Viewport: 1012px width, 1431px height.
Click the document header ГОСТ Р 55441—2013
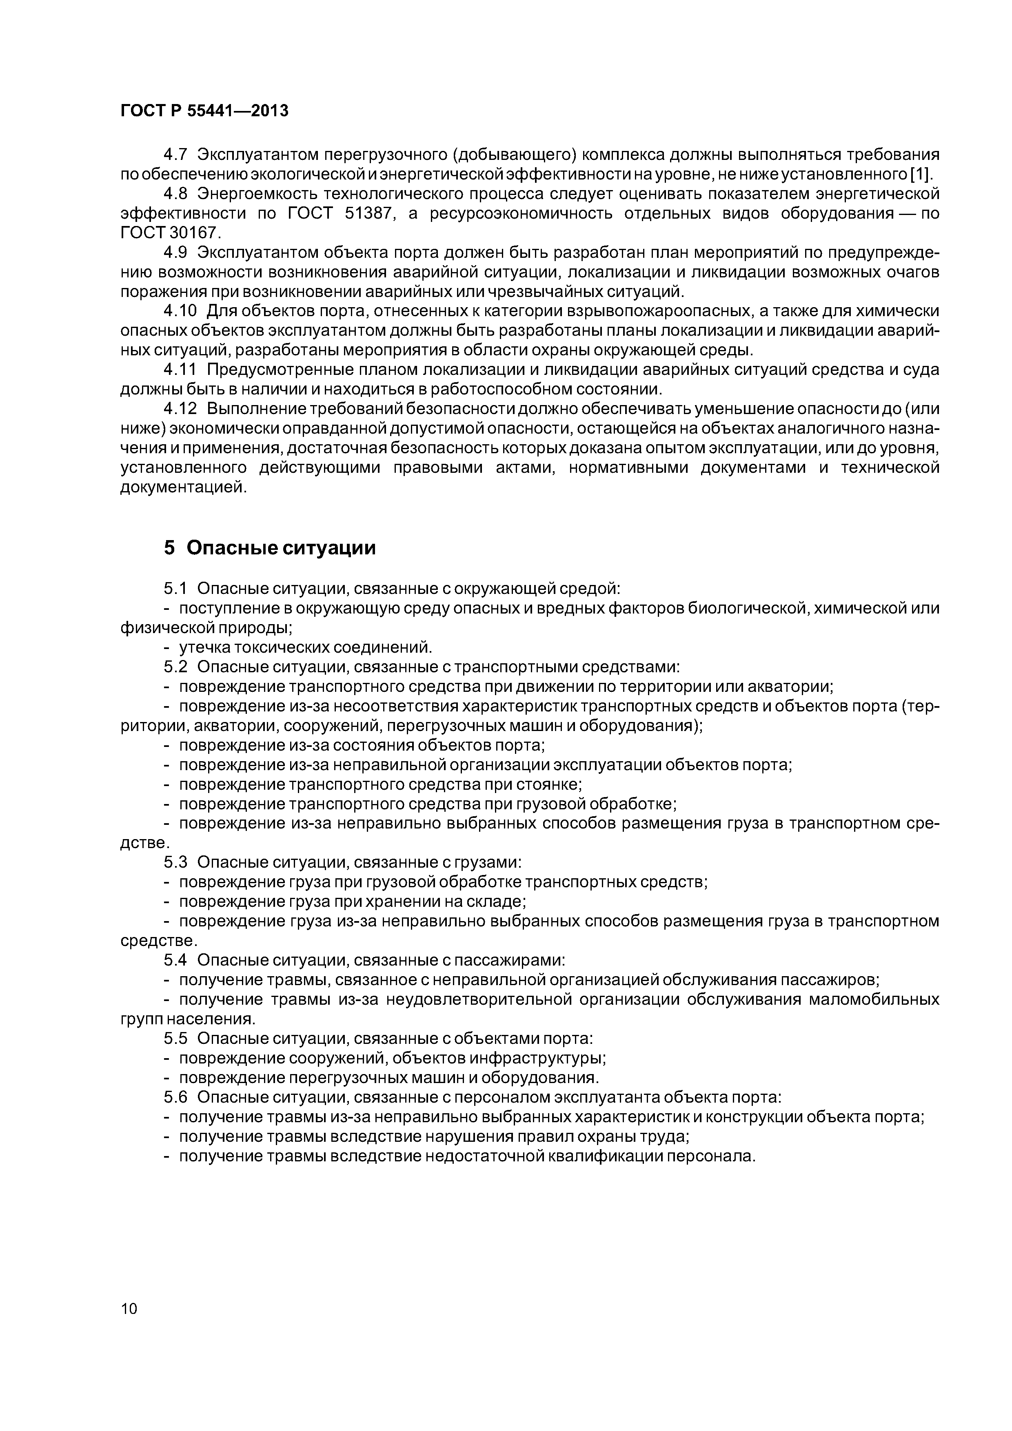[204, 111]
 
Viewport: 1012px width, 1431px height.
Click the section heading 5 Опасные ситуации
[270, 548]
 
